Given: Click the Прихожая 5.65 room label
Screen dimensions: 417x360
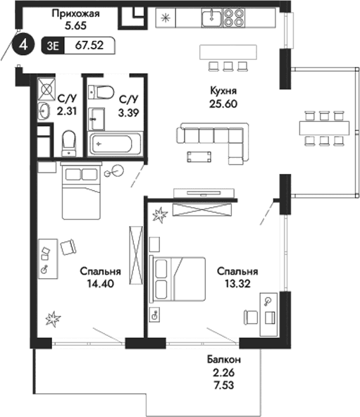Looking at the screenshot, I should (x=75, y=19).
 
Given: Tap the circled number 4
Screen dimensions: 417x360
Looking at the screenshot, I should (x=24, y=46).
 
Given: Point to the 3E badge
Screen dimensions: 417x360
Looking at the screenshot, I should (x=51, y=46).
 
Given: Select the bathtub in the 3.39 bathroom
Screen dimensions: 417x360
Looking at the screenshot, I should (x=113, y=143).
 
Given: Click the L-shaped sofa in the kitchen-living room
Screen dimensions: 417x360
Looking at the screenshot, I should (x=215, y=137).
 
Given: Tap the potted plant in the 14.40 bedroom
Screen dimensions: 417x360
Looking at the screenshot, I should (x=53, y=320).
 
